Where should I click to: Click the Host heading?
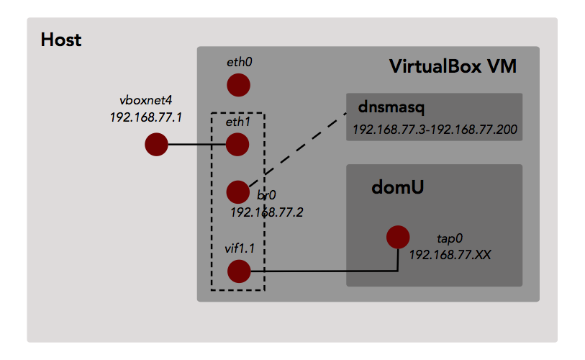(61, 39)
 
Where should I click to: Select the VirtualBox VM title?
(453, 67)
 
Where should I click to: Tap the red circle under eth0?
(238, 86)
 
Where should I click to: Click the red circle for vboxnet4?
(156, 144)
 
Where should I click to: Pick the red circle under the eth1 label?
(238, 144)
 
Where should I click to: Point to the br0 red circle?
(237, 192)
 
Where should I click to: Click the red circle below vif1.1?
(238, 271)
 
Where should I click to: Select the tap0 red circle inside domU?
(398, 237)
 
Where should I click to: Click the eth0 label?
(239, 63)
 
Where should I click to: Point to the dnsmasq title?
(391, 108)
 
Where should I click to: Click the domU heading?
(396, 187)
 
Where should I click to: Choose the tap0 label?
(450, 238)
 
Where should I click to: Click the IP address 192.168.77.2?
(267, 212)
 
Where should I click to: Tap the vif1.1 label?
(240, 248)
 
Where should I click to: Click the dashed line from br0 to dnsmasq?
(302, 148)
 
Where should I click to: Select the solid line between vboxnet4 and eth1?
(197, 145)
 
